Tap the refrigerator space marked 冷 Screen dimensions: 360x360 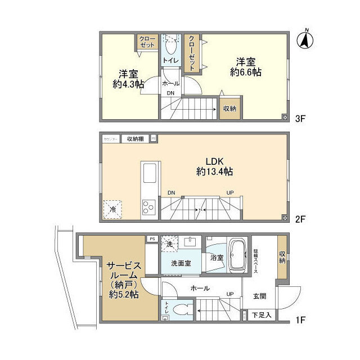tap(112, 209)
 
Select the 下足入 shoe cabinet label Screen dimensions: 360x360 tap(261, 314)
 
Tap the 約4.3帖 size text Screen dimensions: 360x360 tap(129, 84)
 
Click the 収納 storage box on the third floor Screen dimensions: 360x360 tap(229, 109)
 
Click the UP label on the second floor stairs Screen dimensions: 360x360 tap(229, 193)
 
